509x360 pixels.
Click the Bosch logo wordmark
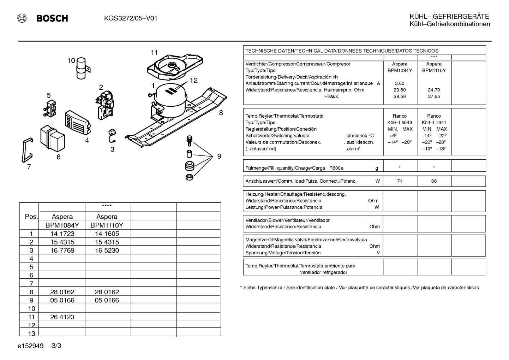click(52, 18)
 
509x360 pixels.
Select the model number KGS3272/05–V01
click(131, 18)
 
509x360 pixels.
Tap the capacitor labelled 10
click(82, 68)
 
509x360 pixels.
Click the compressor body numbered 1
click(170, 100)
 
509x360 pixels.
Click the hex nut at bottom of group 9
click(189, 177)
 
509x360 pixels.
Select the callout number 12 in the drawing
click(193, 80)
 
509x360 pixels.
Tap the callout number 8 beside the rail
click(221, 113)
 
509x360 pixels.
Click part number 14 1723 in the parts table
click(62, 234)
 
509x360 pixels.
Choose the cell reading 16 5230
click(107, 250)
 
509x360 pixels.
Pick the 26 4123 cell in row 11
click(62, 317)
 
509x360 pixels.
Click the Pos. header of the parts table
click(31, 217)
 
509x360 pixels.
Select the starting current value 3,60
click(400, 83)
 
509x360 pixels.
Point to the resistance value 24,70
click(434, 90)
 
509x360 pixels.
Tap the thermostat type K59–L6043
click(400, 123)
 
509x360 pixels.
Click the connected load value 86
click(434, 181)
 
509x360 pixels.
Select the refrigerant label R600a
click(336, 168)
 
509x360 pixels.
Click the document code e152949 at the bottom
click(30, 346)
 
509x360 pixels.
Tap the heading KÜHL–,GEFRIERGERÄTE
click(449, 16)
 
